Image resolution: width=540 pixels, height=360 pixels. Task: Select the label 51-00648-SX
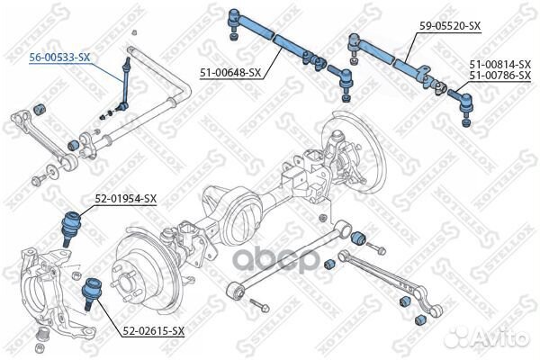229,72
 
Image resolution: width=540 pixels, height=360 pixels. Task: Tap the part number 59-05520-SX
447,27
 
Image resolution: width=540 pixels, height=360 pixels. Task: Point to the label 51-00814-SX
499,65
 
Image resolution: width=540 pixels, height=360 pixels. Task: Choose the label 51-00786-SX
499,76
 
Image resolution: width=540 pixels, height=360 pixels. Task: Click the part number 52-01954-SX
126,198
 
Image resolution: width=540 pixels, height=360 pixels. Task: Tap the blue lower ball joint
90,290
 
